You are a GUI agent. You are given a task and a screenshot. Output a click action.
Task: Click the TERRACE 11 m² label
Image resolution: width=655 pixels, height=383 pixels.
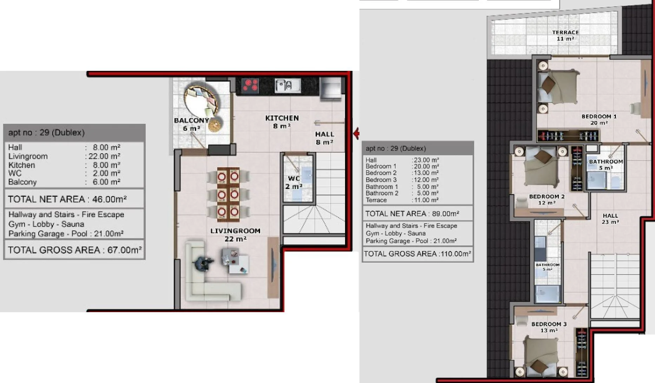(x=565, y=35)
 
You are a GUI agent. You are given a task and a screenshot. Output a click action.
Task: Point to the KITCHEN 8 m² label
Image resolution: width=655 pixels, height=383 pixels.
(x=282, y=122)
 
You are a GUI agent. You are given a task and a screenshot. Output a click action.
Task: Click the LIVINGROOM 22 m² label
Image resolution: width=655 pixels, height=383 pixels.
(x=236, y=235)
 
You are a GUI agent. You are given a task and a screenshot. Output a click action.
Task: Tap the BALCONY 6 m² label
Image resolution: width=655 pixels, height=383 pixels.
(x=192, y=124)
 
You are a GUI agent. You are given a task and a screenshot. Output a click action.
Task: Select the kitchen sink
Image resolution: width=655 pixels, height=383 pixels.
(x=287, y=85)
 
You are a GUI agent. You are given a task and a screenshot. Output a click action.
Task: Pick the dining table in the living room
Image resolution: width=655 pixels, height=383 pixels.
(x=228, y=194)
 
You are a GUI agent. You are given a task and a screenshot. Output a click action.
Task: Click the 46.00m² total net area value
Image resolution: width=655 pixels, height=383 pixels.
(x=110, y=199)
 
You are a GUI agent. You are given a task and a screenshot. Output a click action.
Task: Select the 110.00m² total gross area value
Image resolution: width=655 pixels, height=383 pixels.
(x=456, y=254)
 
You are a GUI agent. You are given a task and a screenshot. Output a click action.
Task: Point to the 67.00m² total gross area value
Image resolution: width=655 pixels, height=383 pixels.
(x=125, y=250)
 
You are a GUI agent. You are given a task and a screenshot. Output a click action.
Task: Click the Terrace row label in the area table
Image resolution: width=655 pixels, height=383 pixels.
(x=376, y=200)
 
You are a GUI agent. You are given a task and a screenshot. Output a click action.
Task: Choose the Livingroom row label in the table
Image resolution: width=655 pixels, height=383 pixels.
(x=28, y=156)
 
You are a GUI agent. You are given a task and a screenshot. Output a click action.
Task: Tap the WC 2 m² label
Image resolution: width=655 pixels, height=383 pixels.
(x=294, y=182)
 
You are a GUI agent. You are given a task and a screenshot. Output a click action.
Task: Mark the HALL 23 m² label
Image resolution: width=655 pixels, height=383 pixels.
(x=610, y=219)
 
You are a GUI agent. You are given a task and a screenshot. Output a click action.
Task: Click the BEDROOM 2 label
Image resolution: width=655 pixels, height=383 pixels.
(x=547, y=200)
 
